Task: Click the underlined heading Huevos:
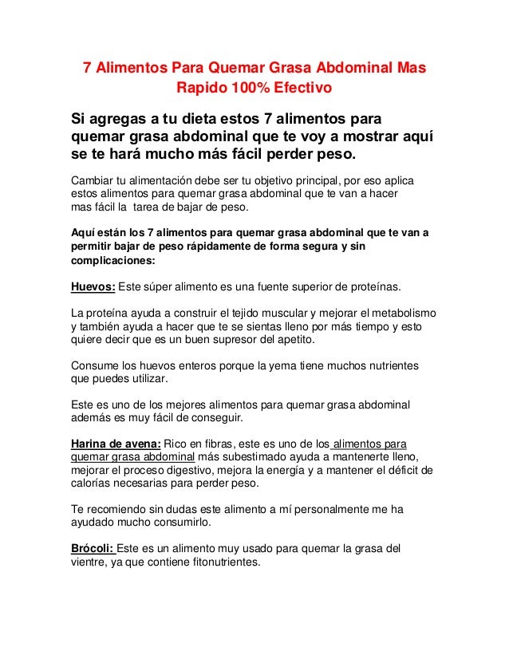(x=93, y=288)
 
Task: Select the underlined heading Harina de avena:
(x=115, y=444)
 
